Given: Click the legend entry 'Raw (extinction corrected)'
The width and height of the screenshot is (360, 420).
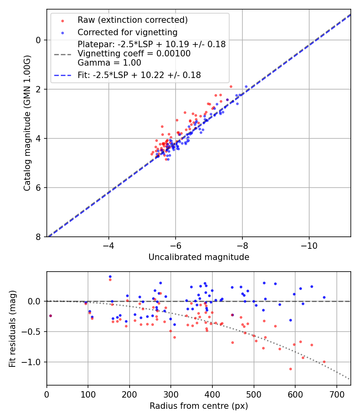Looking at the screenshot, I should [132, 20].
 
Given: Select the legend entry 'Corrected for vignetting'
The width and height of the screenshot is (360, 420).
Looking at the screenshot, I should [127, 32].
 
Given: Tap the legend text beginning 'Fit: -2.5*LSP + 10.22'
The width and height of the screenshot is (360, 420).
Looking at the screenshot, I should [139, 75].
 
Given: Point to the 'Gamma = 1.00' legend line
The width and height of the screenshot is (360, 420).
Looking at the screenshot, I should [109, 62].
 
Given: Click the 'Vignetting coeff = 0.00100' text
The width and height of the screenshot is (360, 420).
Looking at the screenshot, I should [134, 53].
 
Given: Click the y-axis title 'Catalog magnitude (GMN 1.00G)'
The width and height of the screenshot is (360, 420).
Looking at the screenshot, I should [27, 123].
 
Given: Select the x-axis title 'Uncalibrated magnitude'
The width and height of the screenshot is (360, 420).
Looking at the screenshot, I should [199, 257].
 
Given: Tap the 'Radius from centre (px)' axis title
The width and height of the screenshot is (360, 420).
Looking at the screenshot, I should [199, 406].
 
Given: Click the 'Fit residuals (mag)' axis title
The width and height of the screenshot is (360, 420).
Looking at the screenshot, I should [12, 329].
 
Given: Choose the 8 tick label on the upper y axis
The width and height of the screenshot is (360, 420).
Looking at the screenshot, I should [39, 237].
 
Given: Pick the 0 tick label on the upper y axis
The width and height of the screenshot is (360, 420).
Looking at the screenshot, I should [39, 40].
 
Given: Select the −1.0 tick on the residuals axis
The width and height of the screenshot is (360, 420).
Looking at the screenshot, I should [33, 362].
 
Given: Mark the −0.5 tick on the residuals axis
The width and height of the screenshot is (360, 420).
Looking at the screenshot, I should [33, 332].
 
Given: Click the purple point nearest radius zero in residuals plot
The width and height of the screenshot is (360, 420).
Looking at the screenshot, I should [50, 316].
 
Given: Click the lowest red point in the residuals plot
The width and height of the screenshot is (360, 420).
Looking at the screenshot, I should [290, 369].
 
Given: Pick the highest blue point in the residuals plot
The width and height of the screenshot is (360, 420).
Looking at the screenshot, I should [110, 276].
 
